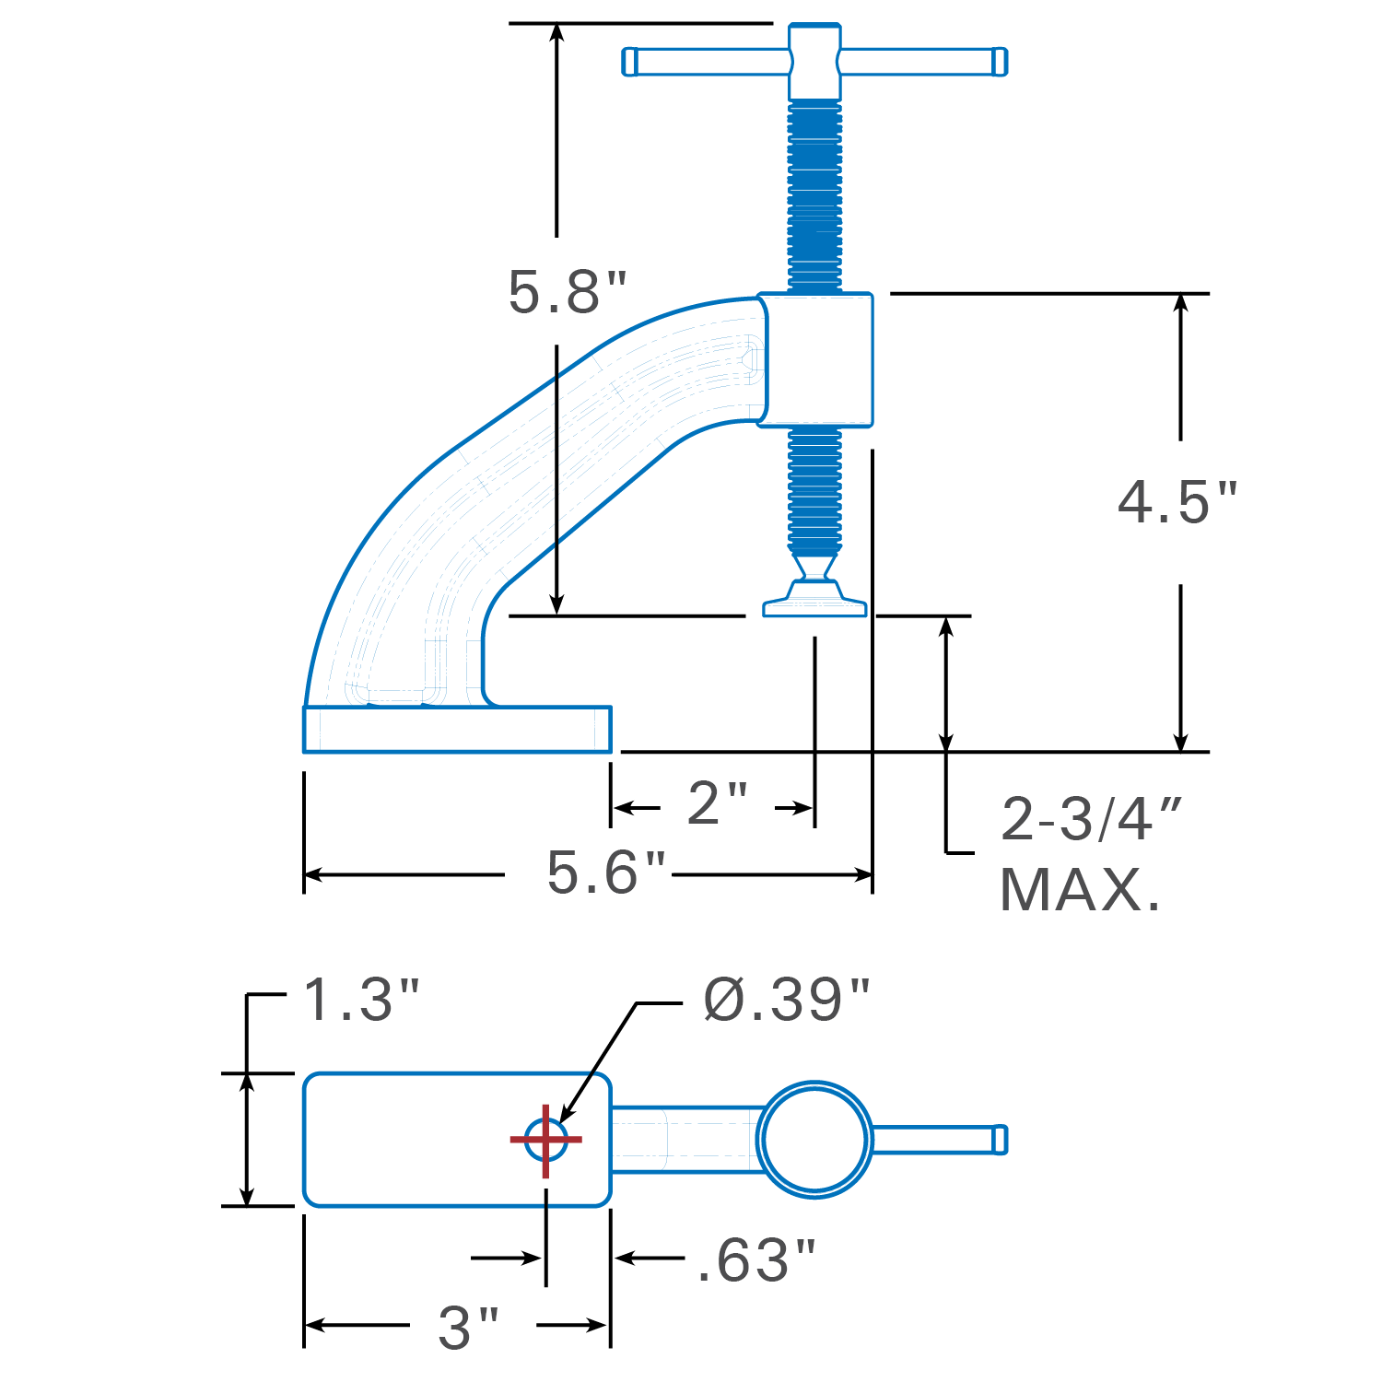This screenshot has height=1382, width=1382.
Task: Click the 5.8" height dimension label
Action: click(x=567, y=292)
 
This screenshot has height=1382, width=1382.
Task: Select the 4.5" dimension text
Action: click(x=1177, y=503)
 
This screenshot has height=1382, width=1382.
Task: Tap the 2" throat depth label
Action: click(x=717, y=803)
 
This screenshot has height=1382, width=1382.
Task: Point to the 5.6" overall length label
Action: click(x=605, y=873)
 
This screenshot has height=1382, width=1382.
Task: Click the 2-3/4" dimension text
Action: click(x=1091, y=818)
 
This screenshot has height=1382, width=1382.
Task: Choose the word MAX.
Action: click(x=1080, y=890)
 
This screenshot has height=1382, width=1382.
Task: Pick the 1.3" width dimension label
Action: click(x=360, y=1000)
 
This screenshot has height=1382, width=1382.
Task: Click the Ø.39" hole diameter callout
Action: click(x=786, y=1000)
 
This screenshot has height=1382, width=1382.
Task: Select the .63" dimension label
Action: click(x=755, y=1260)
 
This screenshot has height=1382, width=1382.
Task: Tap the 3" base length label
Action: click(x=468, y=1328)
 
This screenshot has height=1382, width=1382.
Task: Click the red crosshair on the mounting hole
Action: click(x=546, y=1140)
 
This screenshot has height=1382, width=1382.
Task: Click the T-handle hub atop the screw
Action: click(x=814, y=61)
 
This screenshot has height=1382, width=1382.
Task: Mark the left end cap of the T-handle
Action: click(x=630, y=62)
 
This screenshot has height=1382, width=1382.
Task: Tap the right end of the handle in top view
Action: click(x=999, y=1140)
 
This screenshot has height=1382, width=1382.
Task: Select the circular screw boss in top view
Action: click(x=814, y=1140)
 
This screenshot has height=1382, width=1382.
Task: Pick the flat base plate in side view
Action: click(x=457, y=730)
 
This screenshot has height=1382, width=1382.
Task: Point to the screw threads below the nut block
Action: click(x=814, y=488)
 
